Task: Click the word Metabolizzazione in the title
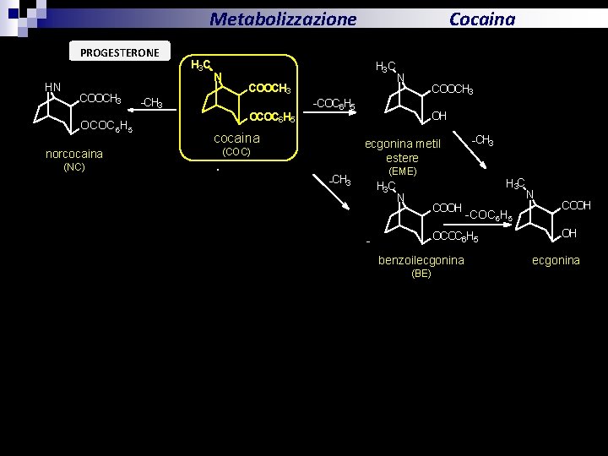pyautogui.click(x=283, y=19)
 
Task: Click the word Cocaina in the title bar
pyautogui.click(x=481, y=19)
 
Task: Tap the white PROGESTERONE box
pyautogui.click(x=119, y=52)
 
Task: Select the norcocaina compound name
pyautogui.click(x=74, y=154)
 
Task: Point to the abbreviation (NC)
pyautogui.click(x=74, y=166)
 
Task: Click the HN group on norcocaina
pyautogui.click(x=52, y=86)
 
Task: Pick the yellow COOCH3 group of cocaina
pyautogui.click(x=269, y=90)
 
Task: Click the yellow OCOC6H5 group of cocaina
pyautogui.click(x=272, y=118)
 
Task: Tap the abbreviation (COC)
pyautogui.click(x=236, y=152)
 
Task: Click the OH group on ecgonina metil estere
pyautogui.click(x=439, y=116)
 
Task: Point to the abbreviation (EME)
pyautogui.click(x=402, y=171)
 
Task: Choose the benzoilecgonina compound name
pyautogui.click(x=421, y=260)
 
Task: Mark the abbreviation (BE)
pyautogui.click(x=421, y=274)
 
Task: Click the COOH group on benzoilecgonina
pyautogui.click(x=447, y=207)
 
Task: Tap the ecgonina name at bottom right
pyautogui.click(x=556, y=260)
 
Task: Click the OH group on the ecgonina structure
pyautogui.click(x=569, y=233)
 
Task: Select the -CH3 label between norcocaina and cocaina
pyautogui.click(x=151, y=103)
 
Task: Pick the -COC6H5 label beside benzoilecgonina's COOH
pyautogui.click(x=490, y=217)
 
